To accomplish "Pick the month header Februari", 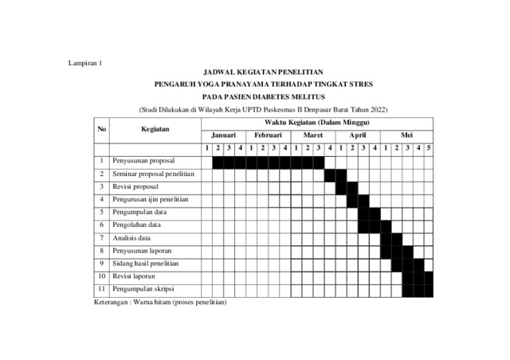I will (268, 136).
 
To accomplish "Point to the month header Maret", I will (312, 136).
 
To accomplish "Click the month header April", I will (357, 136).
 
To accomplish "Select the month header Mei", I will (406, 136).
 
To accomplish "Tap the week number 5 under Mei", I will (429, 148).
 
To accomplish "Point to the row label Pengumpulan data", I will (139, 212).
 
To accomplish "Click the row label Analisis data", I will (132, 237).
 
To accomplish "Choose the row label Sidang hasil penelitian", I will (151, 263).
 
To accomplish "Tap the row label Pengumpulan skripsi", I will (144, 288).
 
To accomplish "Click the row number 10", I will (101, 276).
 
